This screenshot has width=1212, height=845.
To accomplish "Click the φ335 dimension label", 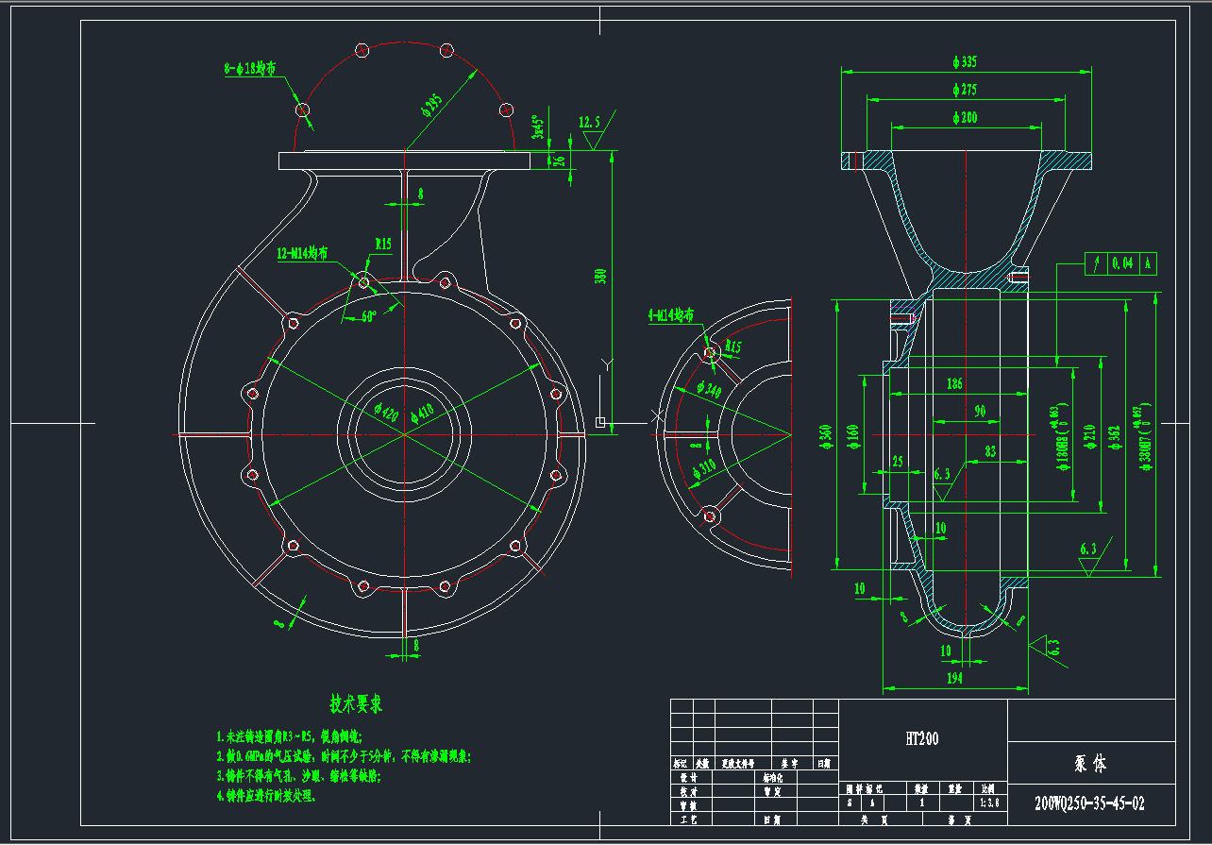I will click(x=965, y=62).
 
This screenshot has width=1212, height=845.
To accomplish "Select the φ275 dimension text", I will click(x=965, y=90).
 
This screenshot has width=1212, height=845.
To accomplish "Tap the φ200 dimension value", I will click(x=965, y=117).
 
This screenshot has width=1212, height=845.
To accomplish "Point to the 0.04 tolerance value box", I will click(x=1122, y=263).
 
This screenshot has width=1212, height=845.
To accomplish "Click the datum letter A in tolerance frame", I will click(x=1147, y=263).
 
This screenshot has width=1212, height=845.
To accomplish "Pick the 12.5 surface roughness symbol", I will click(x=590, y=122).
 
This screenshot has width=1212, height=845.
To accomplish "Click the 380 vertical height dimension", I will click(x=600, y=276).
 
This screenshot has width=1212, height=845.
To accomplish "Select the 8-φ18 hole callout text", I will click(x=250, y=69).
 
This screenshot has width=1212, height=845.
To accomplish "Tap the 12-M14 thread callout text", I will click(x=303, y=253).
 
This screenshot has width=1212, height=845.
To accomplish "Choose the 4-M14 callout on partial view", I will click(x=672, y=315).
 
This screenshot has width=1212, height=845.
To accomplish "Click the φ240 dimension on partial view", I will click(x=708, y=388).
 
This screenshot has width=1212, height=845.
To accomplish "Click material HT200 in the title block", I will click(x=922, y=739).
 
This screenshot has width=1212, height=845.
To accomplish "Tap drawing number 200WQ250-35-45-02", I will click(x=1089, y=803).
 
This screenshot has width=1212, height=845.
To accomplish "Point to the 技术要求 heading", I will click(x=356, y=703).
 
